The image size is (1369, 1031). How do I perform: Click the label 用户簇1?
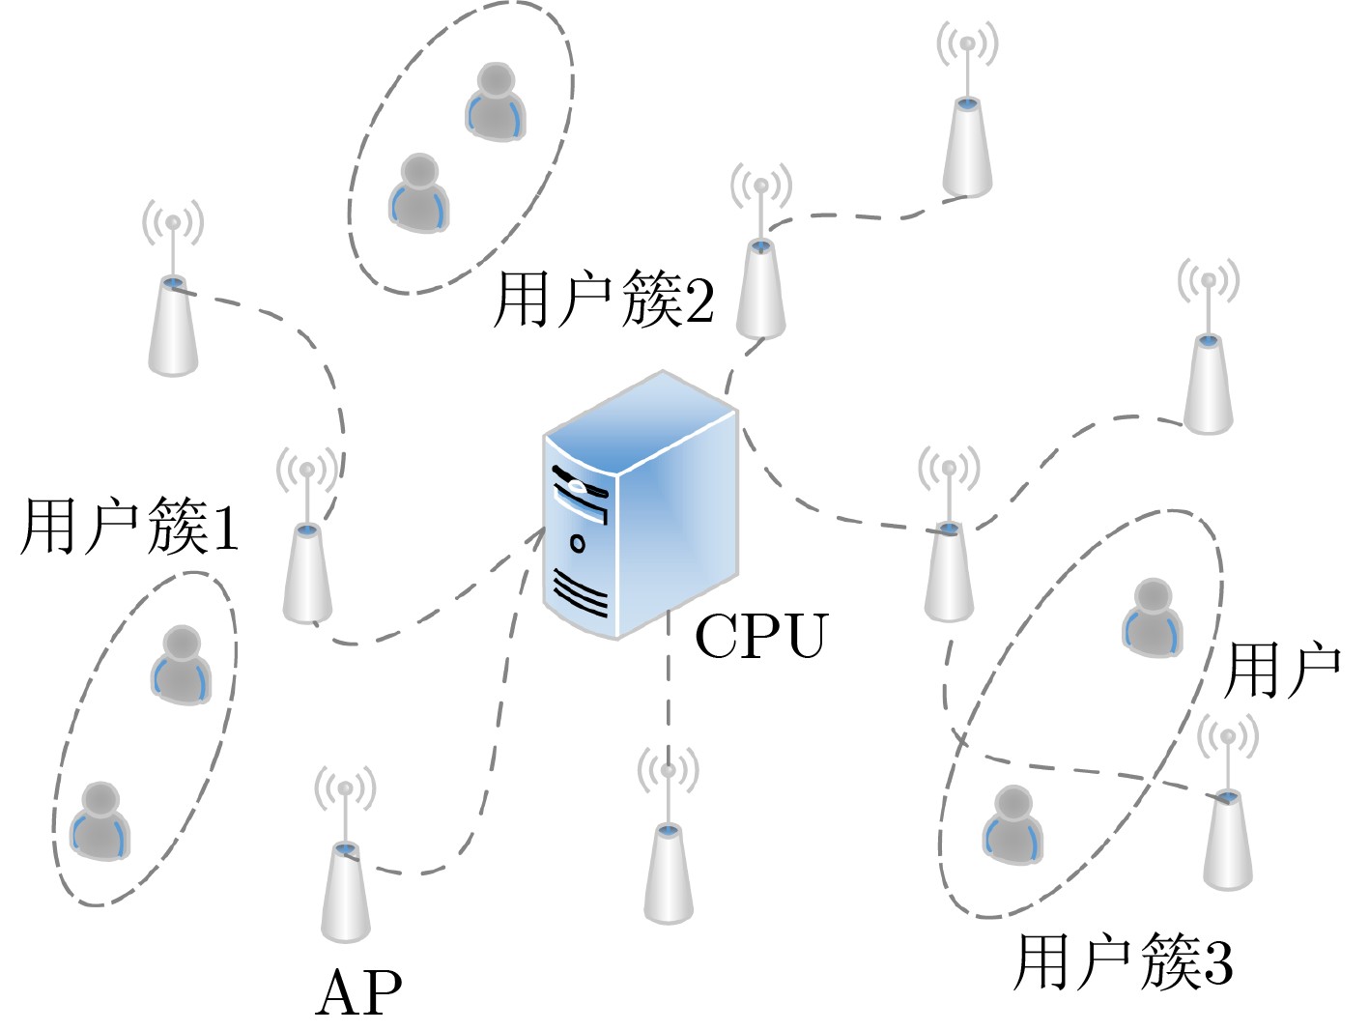pos(129,528)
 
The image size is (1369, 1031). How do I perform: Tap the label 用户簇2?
pos(604,300)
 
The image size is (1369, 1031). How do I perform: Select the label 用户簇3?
pos(1123,962)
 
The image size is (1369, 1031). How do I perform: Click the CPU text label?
pos(761,636)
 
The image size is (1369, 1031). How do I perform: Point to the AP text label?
pos(358,992)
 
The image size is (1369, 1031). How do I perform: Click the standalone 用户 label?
pos(1281,671)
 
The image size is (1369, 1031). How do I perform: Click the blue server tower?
pos(640,507)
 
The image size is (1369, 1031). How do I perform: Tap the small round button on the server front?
pos(578,543)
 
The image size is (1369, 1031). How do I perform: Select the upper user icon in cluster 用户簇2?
pos(496,101)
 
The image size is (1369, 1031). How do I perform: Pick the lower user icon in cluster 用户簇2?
pos(419,193)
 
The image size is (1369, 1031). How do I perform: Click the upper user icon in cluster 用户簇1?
pos(181,666)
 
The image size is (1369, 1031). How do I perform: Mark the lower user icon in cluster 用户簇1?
pos(100,821)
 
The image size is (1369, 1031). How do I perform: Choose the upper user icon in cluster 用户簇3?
pos(1152,618)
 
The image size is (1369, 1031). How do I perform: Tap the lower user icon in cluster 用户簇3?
pos(1012,825)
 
